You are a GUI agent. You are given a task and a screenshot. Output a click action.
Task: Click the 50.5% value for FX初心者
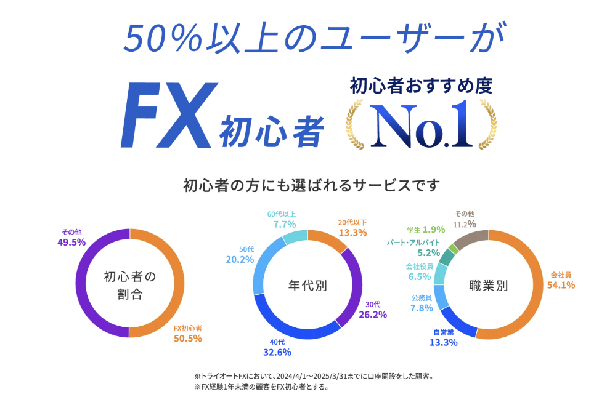click(x=187, y=338)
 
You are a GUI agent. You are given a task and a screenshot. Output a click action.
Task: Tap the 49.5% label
click(x=70, y=243)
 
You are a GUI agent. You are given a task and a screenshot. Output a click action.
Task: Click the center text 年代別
click(x=307, y=285)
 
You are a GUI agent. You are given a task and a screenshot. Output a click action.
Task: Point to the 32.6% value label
click(x=277, y=353)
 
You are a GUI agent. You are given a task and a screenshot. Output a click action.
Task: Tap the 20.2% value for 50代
click(x=240, y=260)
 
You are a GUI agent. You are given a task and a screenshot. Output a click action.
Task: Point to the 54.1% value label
click(x=561, y=284)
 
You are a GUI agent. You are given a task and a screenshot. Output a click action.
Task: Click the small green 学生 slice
click(x=454, y=248)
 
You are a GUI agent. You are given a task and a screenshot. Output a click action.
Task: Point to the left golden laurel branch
click(x=357, y=126)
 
